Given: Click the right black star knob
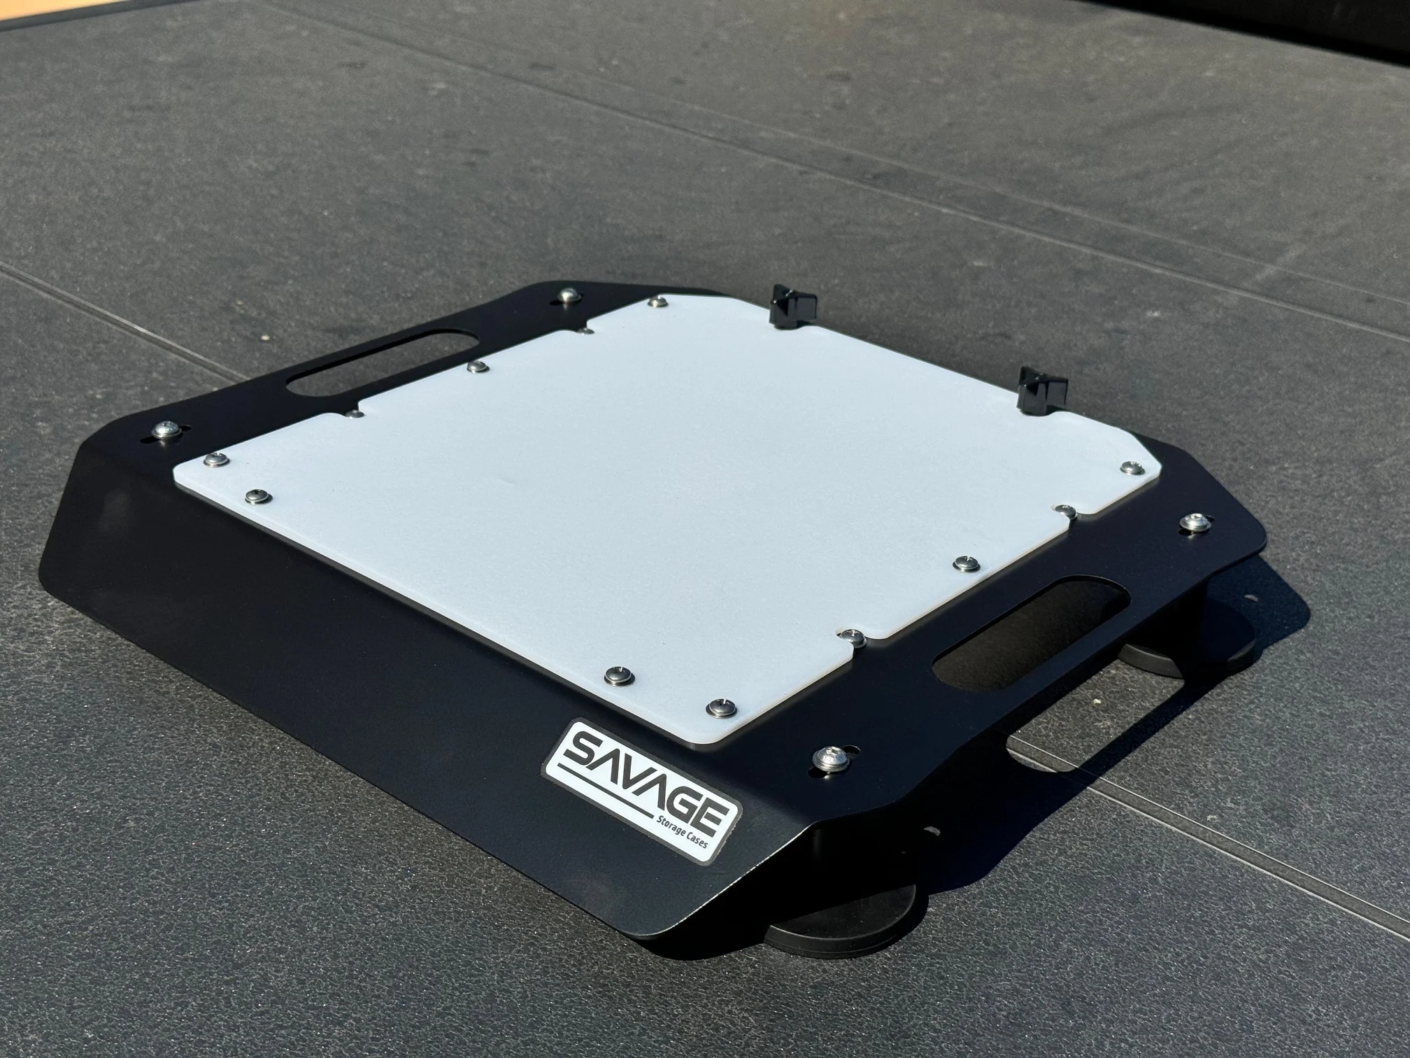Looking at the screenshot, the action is (1042, 388).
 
